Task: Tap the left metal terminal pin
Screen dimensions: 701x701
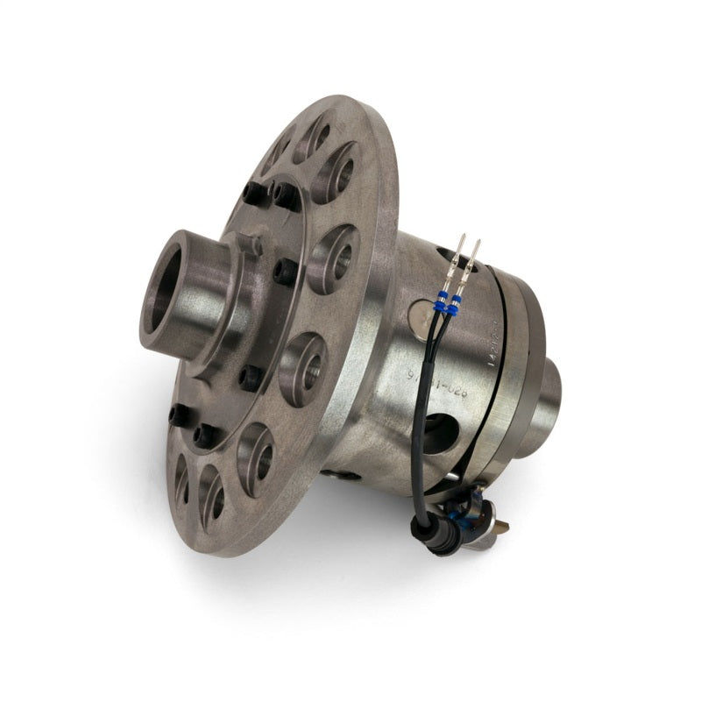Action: pos(462,255)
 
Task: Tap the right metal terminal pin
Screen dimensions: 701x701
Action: pos(476,255)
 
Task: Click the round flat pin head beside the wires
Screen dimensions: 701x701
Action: pos(421,312)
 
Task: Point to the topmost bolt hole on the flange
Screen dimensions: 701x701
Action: pos(315,137)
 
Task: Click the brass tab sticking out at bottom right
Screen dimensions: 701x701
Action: pos(501,526)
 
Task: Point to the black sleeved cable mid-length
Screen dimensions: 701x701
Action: pos(421,438)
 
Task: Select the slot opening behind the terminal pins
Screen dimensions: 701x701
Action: pos(449,256)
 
